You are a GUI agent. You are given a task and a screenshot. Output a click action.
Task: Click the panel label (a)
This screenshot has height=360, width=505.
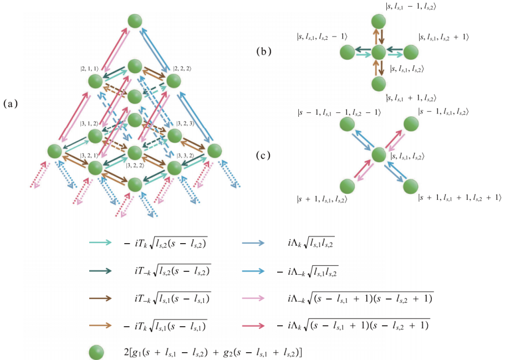[x=12, y=104]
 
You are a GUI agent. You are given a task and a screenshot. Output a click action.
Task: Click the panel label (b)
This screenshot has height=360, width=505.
[x=264, y=52]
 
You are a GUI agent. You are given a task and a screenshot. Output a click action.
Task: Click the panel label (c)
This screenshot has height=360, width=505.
[x=264, y=156]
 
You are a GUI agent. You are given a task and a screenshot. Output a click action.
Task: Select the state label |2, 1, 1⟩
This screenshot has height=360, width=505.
[x=89, y=69]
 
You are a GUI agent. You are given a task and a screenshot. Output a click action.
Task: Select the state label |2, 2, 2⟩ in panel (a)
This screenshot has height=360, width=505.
[x=183, y=69]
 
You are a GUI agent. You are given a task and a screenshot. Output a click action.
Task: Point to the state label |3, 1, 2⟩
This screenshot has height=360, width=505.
[x=89, y=123]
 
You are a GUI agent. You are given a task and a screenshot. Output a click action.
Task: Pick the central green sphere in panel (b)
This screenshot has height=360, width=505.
[x=379, y=53]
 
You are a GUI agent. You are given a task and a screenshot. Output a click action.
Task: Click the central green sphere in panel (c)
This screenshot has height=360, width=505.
[x=379, y=155]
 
